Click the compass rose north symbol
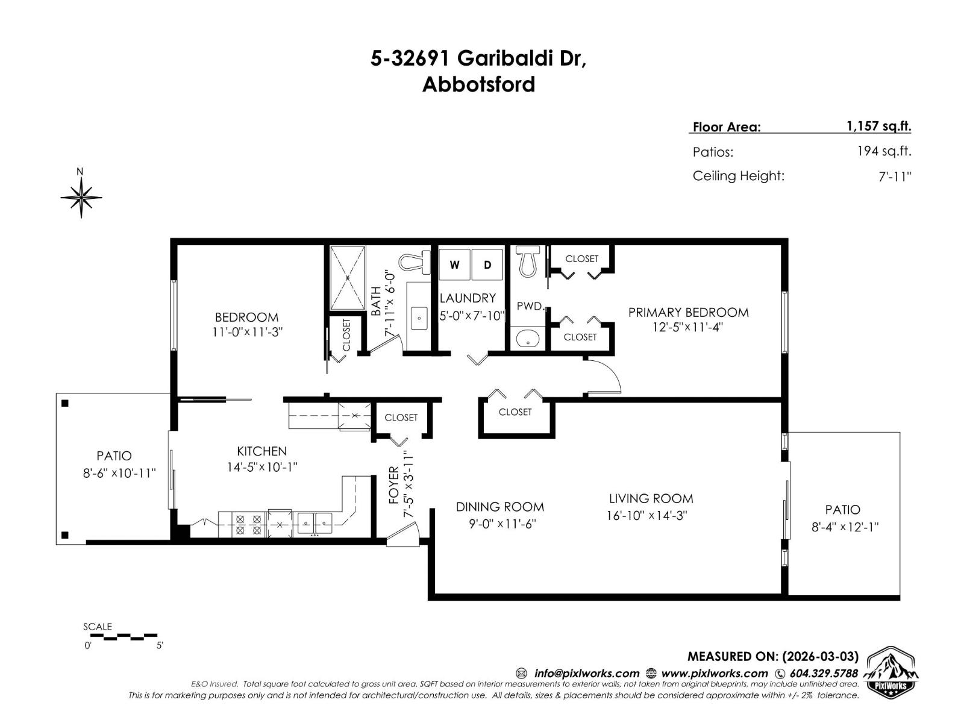pyautogui.click(x=81, y=196)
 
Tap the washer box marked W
pyautogui.click(x=455, y=264)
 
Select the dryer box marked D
pyautogui.click(x=487, y=264)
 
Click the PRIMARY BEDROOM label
pyautogui.click(x=688, y=312)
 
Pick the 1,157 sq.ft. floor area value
pyautogui.click(x=878, y=126)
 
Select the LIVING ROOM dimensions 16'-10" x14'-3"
pyautogui.click(x=647, y=516)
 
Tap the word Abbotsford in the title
pyautogui.click(x=478, y=84)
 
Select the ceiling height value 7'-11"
pyautogui.click(x=895, y=177)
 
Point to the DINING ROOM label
pyautogui.click(x=499, y=507)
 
